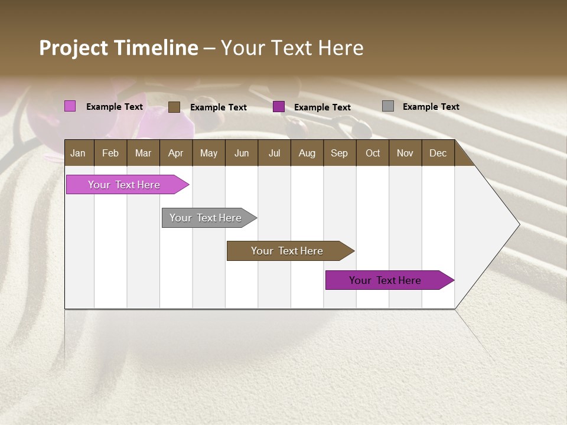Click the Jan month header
(78, 153)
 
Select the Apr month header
(175, 153)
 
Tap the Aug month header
(307, 153)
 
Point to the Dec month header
(438, 153)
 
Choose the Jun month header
(241, 153)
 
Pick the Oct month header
(372, 153)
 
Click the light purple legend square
(70, 106)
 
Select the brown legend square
(174, 107)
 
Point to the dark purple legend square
(279, 107)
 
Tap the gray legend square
(387, 106)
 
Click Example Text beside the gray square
(431, 106)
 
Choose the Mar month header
(143, 153)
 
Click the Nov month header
(405, 153)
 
